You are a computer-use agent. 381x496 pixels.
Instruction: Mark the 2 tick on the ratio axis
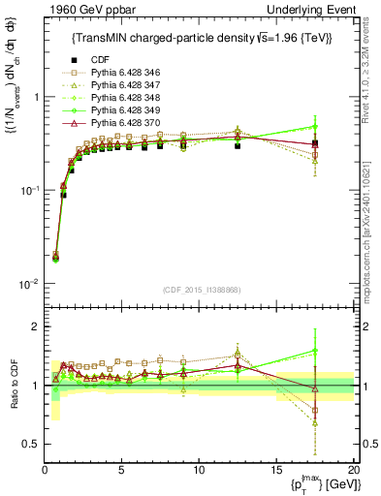35,326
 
